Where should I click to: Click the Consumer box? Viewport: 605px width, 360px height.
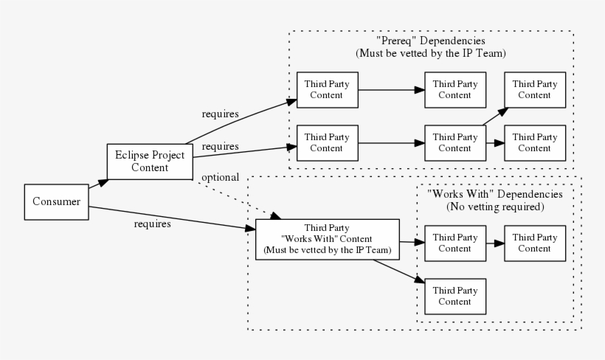pyautogui.click(x=57, y=202)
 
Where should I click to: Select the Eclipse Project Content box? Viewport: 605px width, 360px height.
pyautogui.click(x=150, y=162)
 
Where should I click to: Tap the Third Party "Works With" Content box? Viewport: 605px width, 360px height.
pyautogui.click(x=327, y=240)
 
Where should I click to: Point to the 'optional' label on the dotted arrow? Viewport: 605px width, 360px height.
pyautogui.click(x=220, y=178)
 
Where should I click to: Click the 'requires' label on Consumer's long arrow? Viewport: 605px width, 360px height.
pyautogui.click(x=153, y=224)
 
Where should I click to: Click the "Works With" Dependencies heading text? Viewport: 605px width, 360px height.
pyautogui.click(x=495, y=194)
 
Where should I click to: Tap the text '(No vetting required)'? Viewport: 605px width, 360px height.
pyautogui.click(x=495, y=207)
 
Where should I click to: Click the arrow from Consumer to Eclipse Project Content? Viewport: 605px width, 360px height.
pyautogui.click(x=97, y=184)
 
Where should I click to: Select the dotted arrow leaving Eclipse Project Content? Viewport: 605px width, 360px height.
pyautogui.click(x=236, y=198)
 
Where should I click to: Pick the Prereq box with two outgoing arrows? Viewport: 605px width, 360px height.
pyautogui.click(x=455, y=142)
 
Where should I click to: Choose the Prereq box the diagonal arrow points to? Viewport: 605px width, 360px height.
pyautogui.click(x=535, y=89)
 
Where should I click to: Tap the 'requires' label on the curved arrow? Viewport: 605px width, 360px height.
pyautogui.click(x=220, y=114)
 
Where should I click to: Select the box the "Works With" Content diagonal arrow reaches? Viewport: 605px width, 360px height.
pyautogui.click(x=455, y=296)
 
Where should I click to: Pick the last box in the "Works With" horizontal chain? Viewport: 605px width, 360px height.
pyautogui.click(x=535, y=243)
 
